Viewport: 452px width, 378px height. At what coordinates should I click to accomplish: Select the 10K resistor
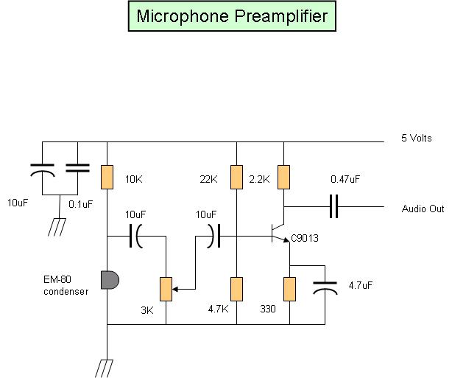(107, 177)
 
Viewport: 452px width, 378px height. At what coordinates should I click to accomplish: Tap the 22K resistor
(236, 177)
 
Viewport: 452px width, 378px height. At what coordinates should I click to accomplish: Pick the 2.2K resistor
(284, 177)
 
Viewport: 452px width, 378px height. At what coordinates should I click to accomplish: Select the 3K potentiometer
(166, 288)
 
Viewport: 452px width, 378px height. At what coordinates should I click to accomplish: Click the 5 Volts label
(417, 137)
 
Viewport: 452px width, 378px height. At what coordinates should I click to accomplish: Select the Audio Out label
(423, 209)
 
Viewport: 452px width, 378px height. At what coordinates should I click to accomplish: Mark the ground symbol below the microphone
(107, 366)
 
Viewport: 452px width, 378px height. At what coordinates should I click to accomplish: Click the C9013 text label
(306, 238)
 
